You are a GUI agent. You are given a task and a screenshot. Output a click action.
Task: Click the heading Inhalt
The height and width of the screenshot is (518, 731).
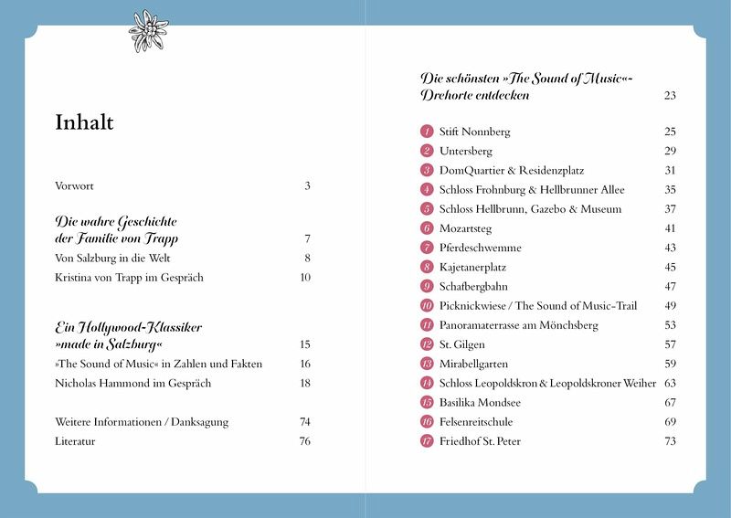[x=84, y=122]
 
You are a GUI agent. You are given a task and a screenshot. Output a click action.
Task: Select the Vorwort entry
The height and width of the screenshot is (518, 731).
[x=75, y=186]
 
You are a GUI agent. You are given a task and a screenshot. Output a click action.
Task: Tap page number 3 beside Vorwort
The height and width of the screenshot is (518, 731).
[x=308, y=186]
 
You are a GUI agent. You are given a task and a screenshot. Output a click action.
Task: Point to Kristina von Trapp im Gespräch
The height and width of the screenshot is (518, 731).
[x=129, y=278]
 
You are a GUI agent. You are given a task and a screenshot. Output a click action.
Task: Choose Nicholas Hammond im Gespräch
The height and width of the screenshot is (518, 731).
[x=132, y=383]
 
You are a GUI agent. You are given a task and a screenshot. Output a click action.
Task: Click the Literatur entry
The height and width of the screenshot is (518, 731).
[x=75, y=441]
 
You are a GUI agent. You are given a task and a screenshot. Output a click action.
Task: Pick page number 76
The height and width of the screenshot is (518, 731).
[x=305, y=441]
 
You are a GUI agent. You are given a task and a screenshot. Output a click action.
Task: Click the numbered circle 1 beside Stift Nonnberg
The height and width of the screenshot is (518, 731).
[x=427, y=132]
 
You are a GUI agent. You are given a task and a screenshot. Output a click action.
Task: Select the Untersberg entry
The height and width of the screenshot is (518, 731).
[x=466, y=151]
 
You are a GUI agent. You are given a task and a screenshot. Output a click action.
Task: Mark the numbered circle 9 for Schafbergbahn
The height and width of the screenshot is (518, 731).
[x=427, y=286]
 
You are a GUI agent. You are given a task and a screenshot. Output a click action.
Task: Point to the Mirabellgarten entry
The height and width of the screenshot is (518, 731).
[x=472, y=364]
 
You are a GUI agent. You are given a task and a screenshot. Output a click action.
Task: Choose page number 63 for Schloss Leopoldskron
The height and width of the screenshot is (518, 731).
[x=670, y=383]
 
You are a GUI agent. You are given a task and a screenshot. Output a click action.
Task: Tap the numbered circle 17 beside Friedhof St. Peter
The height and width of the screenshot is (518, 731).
[x=427, y=441]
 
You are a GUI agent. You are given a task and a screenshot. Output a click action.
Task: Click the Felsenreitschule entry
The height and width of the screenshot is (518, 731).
[x=476, y=422]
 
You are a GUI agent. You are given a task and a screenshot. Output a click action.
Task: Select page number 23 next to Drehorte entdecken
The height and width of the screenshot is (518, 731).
[x=670, y=95]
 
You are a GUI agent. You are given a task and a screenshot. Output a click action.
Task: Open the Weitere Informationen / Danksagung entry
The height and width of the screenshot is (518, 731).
[x=142, y=422]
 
